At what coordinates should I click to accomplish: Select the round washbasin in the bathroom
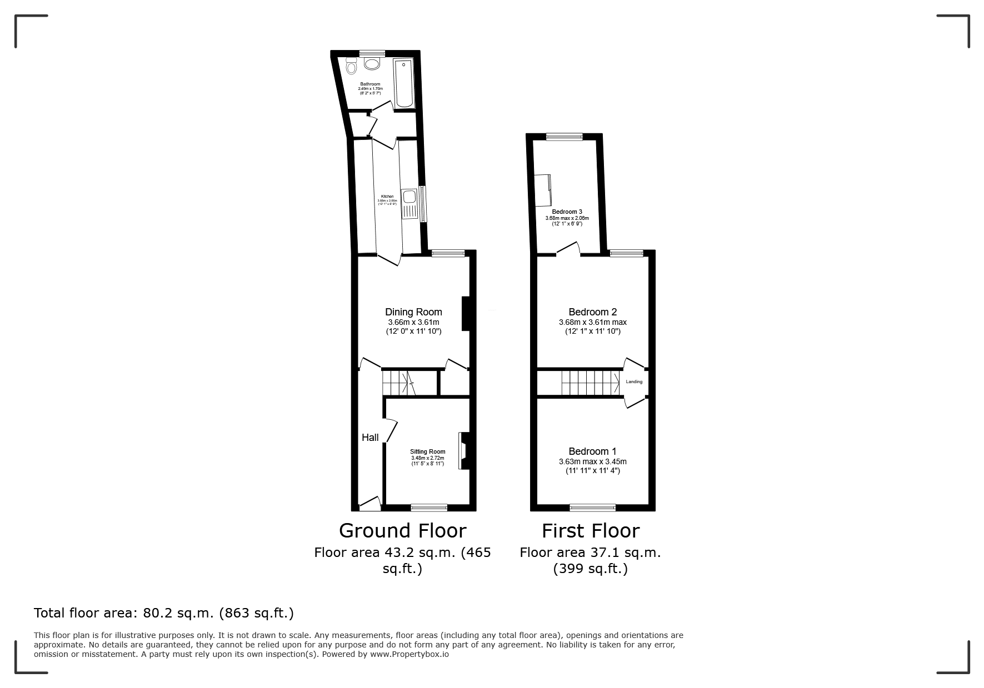(371, 64)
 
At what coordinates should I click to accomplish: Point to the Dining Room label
(413, 312)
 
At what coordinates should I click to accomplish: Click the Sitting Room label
(428, 451)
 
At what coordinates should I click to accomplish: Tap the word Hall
(370, 438)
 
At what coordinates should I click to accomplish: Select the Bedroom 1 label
(592, 451)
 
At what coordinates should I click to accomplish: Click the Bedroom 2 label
(592, 312)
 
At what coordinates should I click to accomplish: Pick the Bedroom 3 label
(567, 212)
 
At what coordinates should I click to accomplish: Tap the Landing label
(634, 381)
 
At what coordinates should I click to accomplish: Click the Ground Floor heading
(402, 531)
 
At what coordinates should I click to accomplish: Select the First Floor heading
(591, 531)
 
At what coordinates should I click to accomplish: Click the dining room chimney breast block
(466, 314)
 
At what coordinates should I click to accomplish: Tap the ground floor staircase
(399, 382)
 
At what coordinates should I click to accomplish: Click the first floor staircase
(590, 382)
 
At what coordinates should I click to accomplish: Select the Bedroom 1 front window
(593, 507)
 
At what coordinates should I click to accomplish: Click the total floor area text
(164, 613)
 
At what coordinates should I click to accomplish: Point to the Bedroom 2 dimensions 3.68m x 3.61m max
(592, 322)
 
